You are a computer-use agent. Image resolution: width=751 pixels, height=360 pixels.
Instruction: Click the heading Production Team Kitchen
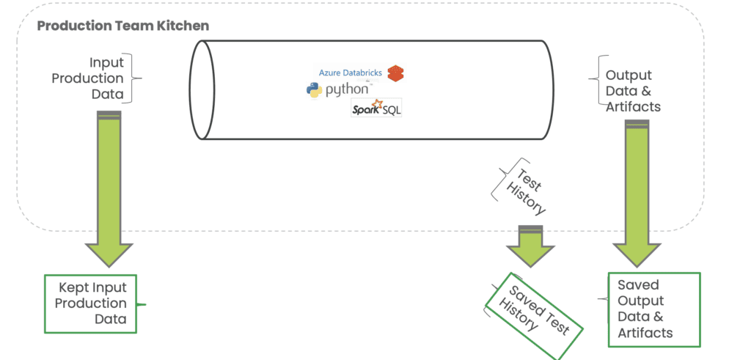(x=122, y=26)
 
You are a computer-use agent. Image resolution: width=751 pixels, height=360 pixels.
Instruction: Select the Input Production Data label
(x=97, y=78)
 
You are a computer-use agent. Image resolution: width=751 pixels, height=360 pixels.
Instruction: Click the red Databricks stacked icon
(x=396, y=73)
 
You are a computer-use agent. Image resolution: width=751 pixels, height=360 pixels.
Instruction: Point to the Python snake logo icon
(x=315, y=90)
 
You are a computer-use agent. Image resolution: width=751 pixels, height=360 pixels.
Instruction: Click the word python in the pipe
(x=349, y=90)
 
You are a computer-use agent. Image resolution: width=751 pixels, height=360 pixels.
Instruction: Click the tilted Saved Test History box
(x=534, y=307)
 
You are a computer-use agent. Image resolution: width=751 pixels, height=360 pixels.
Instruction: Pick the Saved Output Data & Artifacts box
(x=653, y=308)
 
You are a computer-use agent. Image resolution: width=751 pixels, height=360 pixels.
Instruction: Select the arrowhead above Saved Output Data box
(x=637, y=254)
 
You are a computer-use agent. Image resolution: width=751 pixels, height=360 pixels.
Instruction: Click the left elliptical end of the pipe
(x=202, y=89)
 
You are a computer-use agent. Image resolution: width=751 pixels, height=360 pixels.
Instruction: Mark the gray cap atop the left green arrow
(x=109, y=114)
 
